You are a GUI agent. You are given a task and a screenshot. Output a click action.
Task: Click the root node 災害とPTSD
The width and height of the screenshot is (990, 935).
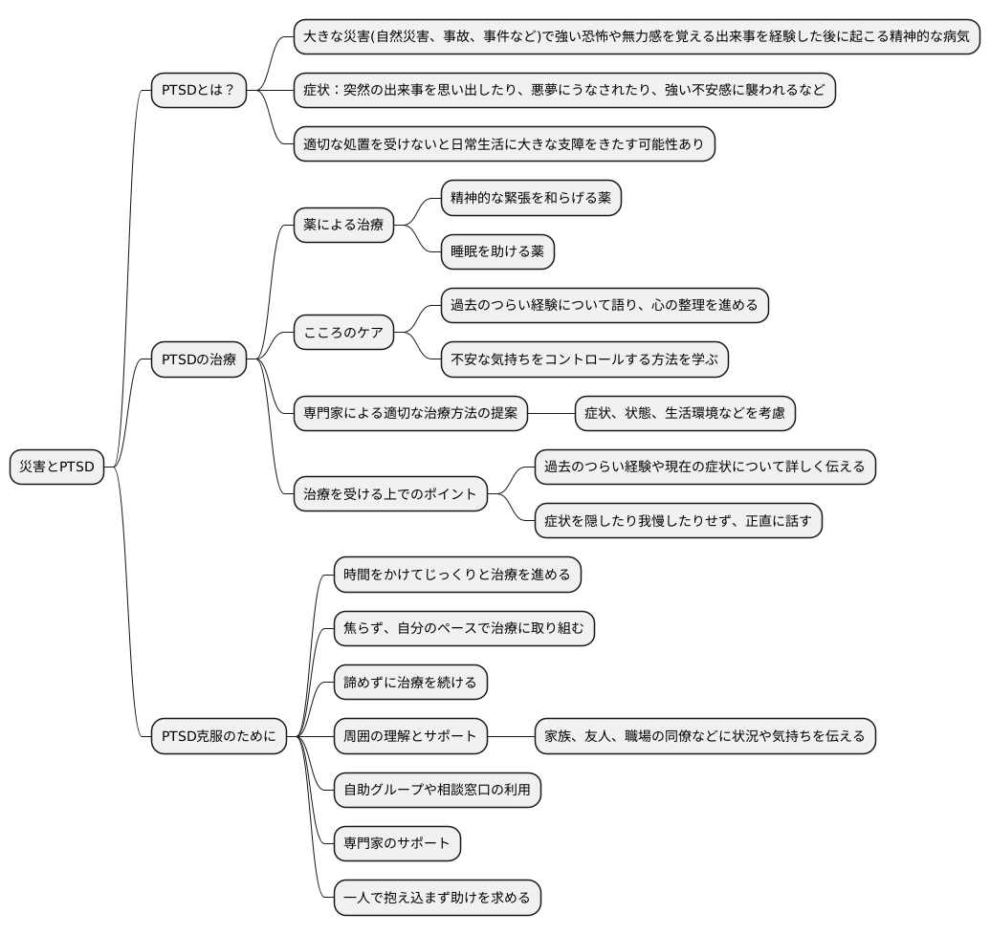point(56,467)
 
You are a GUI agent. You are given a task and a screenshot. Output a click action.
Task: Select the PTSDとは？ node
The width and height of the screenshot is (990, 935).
point(199,91)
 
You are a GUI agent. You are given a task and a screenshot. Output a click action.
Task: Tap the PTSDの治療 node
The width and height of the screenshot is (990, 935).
point(199,359)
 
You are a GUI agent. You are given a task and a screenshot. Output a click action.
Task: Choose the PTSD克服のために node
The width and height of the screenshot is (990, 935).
point(219,736)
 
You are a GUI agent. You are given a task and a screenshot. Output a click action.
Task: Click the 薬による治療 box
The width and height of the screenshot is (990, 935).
point(343,226)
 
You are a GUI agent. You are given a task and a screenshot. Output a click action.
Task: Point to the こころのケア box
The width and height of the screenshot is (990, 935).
point(343,333)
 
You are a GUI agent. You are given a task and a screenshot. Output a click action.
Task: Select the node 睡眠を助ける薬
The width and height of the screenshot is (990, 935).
point(497,252)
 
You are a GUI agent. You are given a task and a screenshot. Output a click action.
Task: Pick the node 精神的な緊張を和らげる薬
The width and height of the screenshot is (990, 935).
point(531,199)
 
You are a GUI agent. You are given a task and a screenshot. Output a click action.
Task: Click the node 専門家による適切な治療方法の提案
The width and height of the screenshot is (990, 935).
point(410,413)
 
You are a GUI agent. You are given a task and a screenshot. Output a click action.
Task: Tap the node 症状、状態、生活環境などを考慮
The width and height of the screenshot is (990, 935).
point(685,413)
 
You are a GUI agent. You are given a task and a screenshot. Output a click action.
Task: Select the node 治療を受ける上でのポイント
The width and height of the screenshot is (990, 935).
point(390,494)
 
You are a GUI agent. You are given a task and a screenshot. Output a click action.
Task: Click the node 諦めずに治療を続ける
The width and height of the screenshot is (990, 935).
point(410,683)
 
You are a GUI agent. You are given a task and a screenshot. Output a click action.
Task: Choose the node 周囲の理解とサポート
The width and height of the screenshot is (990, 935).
point(410,736)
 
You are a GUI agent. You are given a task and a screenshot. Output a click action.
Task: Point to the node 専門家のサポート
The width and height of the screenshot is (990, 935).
point(397,843)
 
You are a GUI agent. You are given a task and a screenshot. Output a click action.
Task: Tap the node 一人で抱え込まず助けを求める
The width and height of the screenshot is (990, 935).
point(437,898)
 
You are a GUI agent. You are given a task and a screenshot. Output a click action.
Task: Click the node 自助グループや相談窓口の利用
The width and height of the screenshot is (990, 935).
point(437,790)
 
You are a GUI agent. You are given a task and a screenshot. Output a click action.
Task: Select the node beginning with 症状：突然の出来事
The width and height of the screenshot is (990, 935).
point(564,91)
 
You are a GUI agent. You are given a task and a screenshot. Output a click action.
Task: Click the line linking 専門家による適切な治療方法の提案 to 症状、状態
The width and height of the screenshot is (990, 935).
point(550,413)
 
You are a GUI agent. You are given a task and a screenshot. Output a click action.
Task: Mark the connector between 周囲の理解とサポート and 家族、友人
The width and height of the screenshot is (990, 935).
point(510,736)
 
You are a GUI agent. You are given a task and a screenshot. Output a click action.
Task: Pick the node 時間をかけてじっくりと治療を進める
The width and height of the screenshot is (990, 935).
point(457,575)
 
